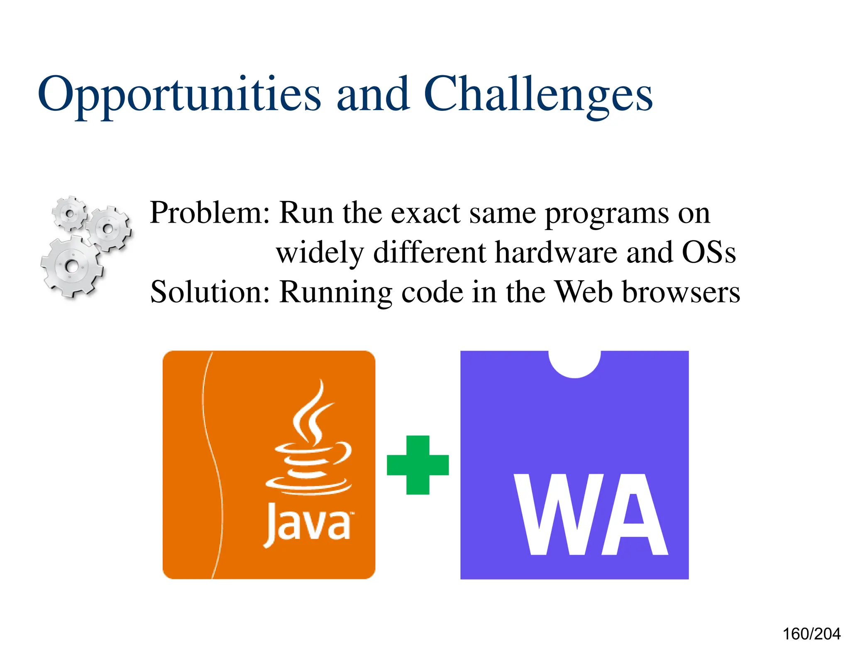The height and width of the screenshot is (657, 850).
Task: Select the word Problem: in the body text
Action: pos(210,213)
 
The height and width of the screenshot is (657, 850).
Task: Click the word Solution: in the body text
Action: pos(210,292)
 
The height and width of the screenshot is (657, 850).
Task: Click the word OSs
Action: pos(709,253)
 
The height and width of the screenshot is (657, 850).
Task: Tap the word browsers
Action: pos(681,292)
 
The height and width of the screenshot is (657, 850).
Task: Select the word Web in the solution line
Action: pos(584,292)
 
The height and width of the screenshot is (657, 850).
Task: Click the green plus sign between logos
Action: pos(418,465)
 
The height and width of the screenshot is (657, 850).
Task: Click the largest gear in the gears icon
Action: pos(71,266)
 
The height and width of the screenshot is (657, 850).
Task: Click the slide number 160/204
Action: pos(811,634)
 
